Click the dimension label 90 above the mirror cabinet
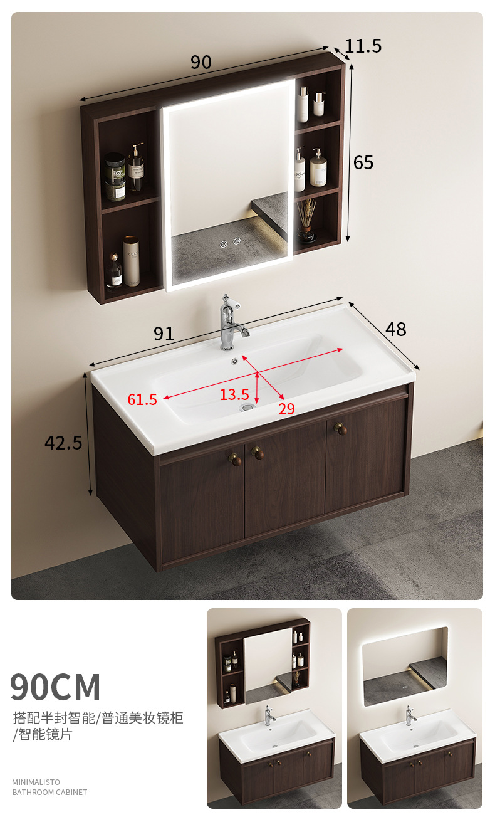tap(201, 62)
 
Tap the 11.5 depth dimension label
tap(363, 46)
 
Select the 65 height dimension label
tap(363, 162)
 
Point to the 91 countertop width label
tap(164, 334)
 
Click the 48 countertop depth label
tap(396, 329)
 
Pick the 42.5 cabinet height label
tap(63, 443)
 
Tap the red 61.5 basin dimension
tap(142, 399)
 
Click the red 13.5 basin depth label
tap(234, 394)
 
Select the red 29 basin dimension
tap(286, 409)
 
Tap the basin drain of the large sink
tap(247, 408)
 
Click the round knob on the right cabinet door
tap(341, 429)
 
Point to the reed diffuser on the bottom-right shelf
tap(306, 221)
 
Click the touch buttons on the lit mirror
tap(230, 243)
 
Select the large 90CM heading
tap(55, 687)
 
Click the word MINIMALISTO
tap(36, 782)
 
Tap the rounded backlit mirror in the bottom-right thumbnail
tap(405, 666)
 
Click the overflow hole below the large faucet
tap(234, 361)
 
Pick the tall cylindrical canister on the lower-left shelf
tap(131, 261)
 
